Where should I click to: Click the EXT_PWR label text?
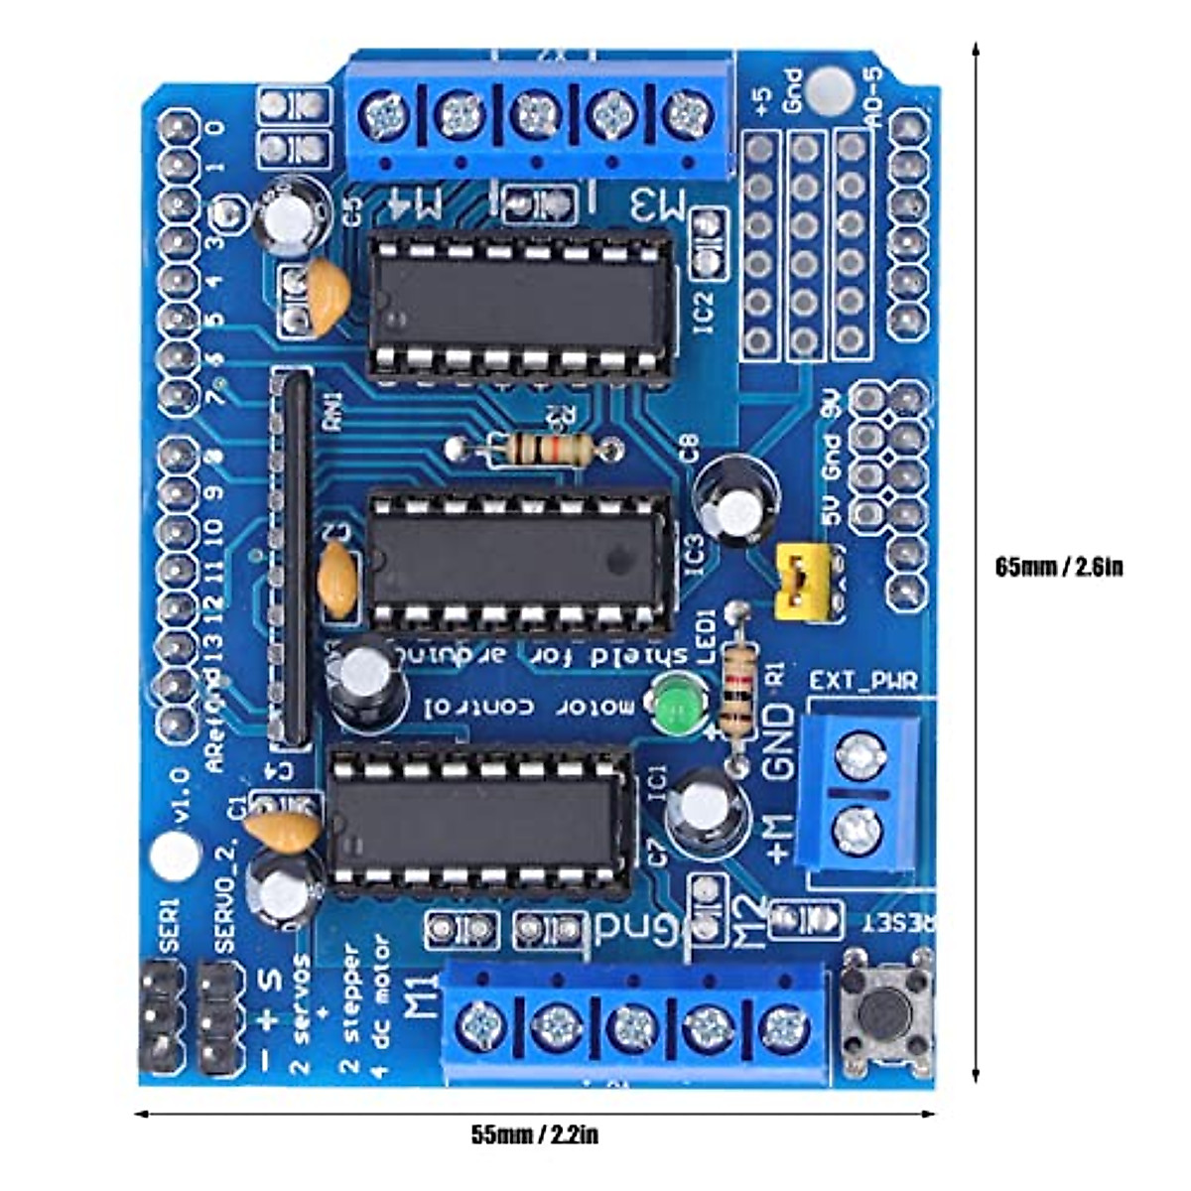tap(862, 681)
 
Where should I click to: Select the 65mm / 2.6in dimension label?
tap(1059, 568)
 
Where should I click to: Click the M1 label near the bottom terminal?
tap(422, 996)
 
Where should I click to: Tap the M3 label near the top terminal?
tap(657, 205)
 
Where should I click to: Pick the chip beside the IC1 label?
tap(480, 818)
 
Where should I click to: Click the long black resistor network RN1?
tap(291, 556)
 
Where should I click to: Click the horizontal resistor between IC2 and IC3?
tap(531, 450)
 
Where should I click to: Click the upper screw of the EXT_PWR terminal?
tap(858, 758)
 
